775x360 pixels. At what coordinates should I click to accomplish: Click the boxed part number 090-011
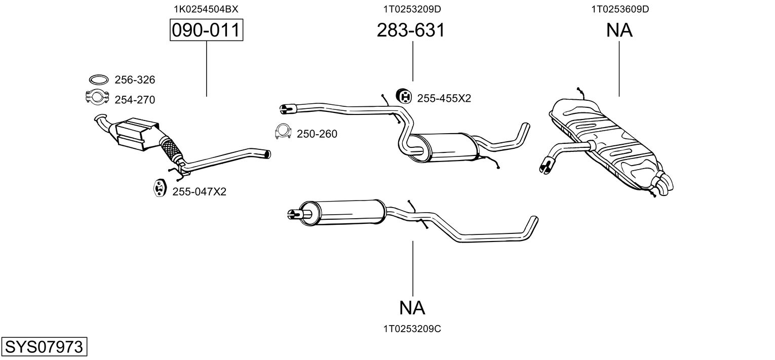coord(206,30)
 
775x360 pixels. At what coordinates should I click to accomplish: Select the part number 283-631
coord(411,30)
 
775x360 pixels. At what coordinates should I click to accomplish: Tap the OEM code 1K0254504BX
coord(206,9)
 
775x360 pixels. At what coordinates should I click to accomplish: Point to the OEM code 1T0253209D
coord(412,9)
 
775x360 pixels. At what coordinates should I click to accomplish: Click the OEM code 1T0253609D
coord(620,9)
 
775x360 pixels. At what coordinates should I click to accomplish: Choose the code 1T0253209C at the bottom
coord(412,329)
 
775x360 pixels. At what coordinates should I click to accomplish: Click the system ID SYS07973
coord(44,346)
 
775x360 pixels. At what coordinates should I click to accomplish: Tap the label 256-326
coord(135,80)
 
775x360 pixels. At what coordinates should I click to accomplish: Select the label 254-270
coord(135,100)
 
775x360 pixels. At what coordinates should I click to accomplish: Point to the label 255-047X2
coord(199,191)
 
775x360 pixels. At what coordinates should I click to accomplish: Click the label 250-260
coord(317,134)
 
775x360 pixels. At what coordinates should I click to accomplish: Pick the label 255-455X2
coord(444,99)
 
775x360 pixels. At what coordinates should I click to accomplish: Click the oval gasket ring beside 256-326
coord(99,79)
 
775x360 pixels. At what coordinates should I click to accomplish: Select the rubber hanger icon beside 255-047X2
coord(160,188)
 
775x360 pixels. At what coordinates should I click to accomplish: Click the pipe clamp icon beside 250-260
coord(283,132)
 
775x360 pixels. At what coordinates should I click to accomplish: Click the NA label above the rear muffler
coord(619,30)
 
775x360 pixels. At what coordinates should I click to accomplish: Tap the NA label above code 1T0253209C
coord(412,307)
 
